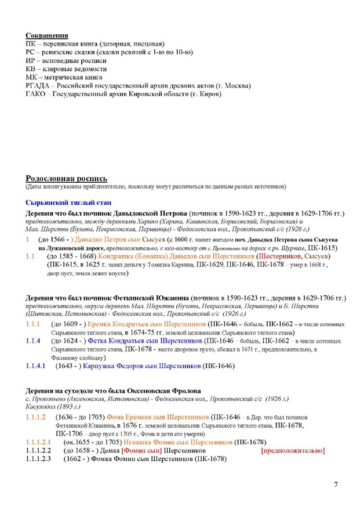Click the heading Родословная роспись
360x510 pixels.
coord(66,178)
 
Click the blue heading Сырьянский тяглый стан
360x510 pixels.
coord(64,202)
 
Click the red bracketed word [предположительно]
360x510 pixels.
coord(293,450)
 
